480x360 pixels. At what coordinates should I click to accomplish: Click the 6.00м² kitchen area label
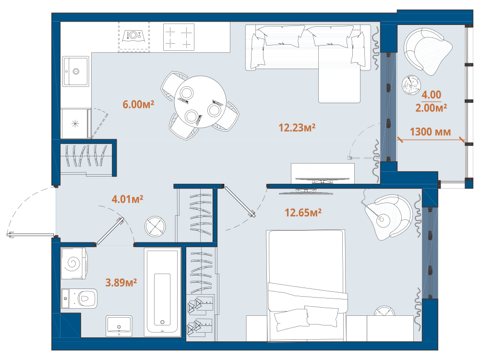click(x=138, y=104)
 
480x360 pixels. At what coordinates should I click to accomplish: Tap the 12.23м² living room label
click(x=297, y=127)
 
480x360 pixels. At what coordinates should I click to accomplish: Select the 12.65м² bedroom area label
click(x=303, y=213)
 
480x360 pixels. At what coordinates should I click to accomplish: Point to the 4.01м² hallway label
click(x=127, y=199)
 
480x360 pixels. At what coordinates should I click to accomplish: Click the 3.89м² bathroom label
click(x=121, y=282)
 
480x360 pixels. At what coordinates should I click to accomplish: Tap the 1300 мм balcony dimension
click(x=430, y=132)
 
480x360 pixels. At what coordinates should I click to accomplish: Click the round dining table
click(x=200, y=102)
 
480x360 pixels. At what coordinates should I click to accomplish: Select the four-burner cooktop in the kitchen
click(x=179, y=37)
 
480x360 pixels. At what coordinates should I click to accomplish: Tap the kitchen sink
click(x=76, y=72)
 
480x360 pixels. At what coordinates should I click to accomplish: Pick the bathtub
click(x=163, y=292)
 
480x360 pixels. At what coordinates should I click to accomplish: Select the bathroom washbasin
click(x=119, y=326)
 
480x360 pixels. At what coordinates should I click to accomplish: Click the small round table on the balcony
click(x=411, y=85)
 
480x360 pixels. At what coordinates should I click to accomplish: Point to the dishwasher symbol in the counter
click(x=134, y=37)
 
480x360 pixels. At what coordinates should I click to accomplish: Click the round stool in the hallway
click(x=155, y=227)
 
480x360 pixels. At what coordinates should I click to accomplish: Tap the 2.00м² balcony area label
click(x=431, y=108)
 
